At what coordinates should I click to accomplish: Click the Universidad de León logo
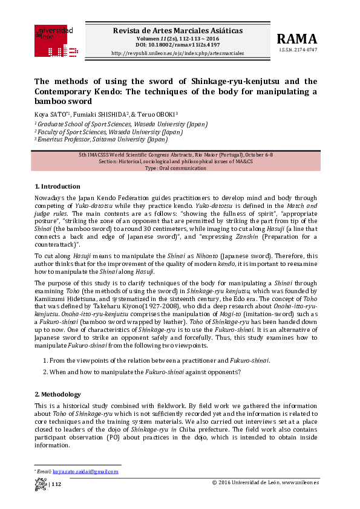pos(54,34)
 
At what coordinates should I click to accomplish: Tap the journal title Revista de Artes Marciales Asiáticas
pos(177,30)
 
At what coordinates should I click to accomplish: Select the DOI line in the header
pos(177,45)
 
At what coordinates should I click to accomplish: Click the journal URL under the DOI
pos(177,53)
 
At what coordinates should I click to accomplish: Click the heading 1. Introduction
pos(57,186)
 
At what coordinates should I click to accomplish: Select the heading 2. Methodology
pos(57,394)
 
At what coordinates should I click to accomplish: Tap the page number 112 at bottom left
pos(56,484)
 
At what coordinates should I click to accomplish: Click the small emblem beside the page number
pos(41,484)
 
